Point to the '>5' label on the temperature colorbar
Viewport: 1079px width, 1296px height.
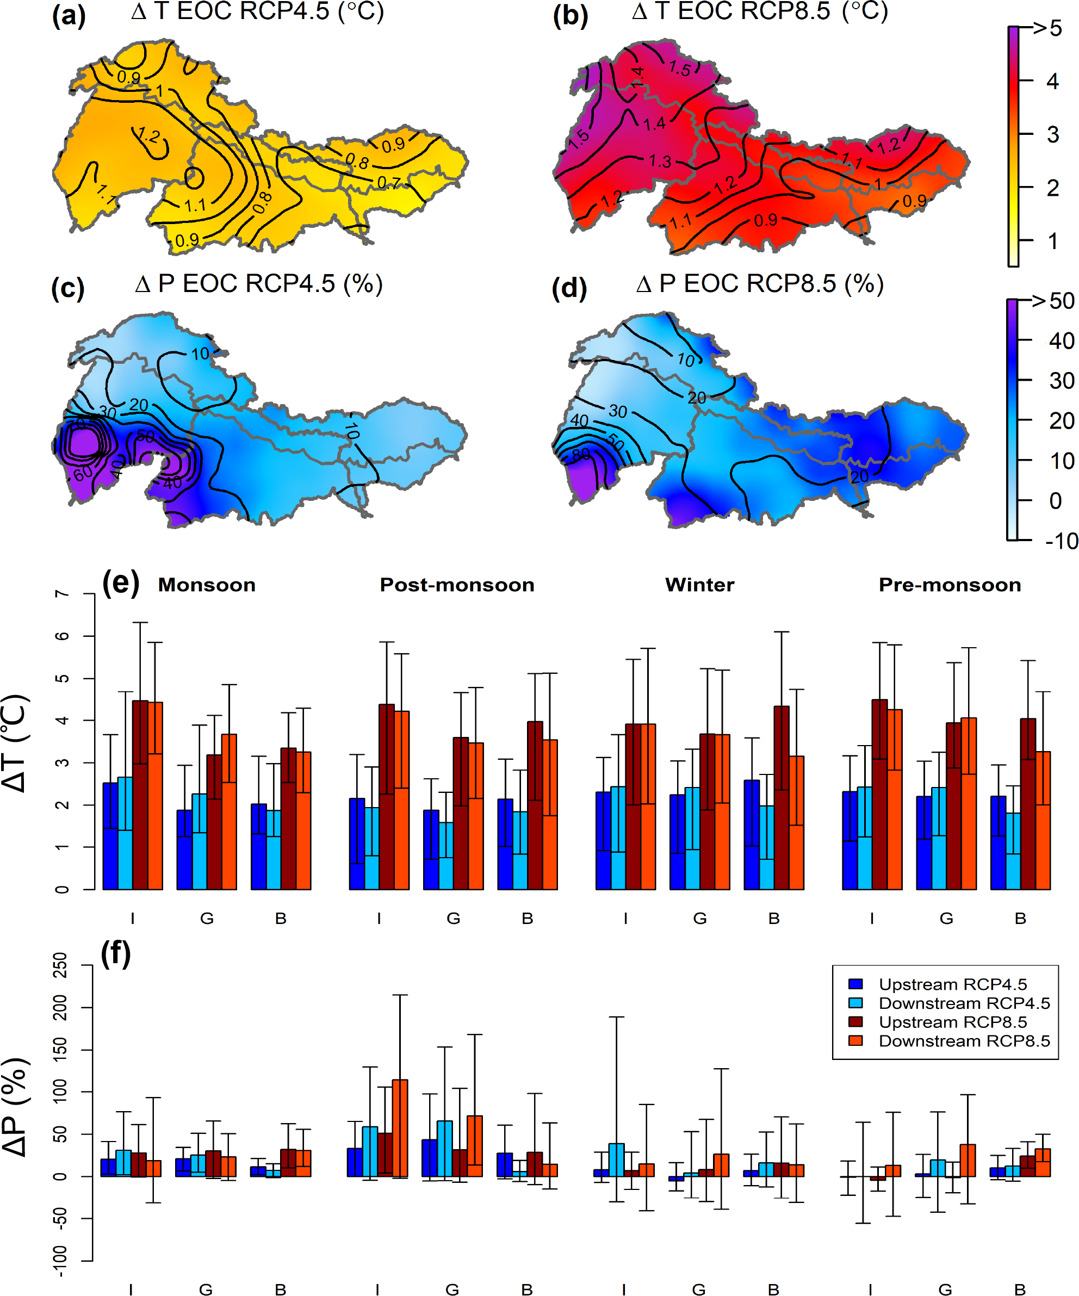click(1047, 28)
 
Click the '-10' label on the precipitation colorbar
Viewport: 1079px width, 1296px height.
click(1061, 541)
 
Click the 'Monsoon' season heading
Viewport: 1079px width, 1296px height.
click(207, 585)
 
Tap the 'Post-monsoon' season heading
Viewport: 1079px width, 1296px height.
click(457, 585)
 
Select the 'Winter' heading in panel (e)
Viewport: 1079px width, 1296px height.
click(699, 585)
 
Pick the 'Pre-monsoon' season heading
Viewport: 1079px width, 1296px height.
click(950, 585)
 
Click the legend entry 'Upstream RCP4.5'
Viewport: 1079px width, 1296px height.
click(952, 984)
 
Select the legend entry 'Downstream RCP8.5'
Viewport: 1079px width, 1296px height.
click(964, 1041)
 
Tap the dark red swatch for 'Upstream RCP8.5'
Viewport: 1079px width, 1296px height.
click(855, 1022)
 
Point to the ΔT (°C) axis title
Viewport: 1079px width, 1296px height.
click(15, 743)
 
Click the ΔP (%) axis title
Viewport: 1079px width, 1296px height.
click(15, 1107)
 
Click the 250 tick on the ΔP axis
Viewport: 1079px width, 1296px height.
click(60, 965)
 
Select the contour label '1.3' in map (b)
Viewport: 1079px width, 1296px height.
click(660, 162)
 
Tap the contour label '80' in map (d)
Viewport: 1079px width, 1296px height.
click(581, 454)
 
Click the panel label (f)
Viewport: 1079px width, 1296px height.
click(116, 954)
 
